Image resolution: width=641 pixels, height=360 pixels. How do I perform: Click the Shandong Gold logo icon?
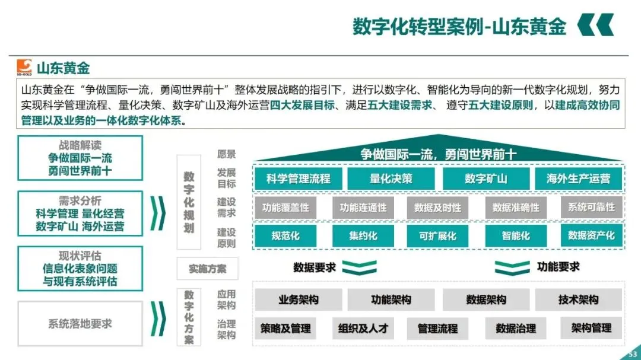(x=24, y=66)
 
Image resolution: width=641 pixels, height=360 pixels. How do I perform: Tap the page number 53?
(x=632, y=355)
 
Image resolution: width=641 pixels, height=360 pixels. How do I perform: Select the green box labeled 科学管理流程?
(x=298, y=179)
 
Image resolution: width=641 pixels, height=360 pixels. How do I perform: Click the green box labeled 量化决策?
(x=391, y=179)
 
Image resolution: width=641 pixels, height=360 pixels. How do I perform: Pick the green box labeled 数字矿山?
(x=485, y=179)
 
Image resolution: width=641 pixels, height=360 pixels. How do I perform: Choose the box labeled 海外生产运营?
(x=578, y=179)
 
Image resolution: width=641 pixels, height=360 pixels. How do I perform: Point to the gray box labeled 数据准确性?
(x=516, y=208)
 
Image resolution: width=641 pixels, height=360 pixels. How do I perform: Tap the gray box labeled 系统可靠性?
(x=591, y=208)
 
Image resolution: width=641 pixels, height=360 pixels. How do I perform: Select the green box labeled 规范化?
(x=285, y=235)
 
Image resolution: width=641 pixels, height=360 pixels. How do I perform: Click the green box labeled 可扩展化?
(x=437, y=235)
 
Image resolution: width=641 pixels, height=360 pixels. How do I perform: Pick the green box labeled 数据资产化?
(x=591, y=235)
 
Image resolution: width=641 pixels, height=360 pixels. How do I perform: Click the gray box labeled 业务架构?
(x=298, y=300)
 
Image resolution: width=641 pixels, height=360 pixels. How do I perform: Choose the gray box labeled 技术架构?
(x=578, y=300)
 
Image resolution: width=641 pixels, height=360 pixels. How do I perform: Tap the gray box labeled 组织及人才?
(x=363, y=328)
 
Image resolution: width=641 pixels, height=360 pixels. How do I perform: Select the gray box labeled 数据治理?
(x=516, y=328)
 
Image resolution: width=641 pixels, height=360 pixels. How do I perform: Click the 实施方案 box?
(x=207, y=269)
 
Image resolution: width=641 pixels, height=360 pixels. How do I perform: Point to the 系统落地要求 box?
(x=80, y=324)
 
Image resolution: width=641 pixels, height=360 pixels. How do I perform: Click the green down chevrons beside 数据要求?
(x=360, y=267)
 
